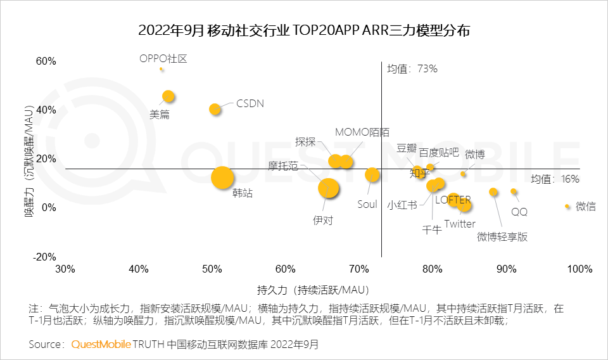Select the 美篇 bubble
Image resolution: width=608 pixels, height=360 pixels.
tap(168, 96)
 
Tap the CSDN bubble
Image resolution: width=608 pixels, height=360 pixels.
tap(215, 109)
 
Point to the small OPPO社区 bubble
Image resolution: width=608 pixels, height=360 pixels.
tap(161, 68)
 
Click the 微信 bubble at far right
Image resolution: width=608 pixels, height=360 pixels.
tap(567, 206)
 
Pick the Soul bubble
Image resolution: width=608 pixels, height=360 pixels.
tap(372, 175)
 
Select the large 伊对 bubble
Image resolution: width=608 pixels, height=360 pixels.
tap(328, 188)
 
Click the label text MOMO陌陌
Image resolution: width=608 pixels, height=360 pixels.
tap(362, 132)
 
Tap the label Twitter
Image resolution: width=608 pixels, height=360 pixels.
tap(459, 224)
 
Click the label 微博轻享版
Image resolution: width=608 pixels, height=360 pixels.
tap(502, 237)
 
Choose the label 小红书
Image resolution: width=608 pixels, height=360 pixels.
tap(402, 205)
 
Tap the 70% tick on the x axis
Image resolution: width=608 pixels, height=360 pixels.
tap(358, 269)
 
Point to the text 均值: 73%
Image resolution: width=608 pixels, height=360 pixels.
tap(412, 68)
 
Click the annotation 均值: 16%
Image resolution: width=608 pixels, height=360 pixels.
tap(555, 179)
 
